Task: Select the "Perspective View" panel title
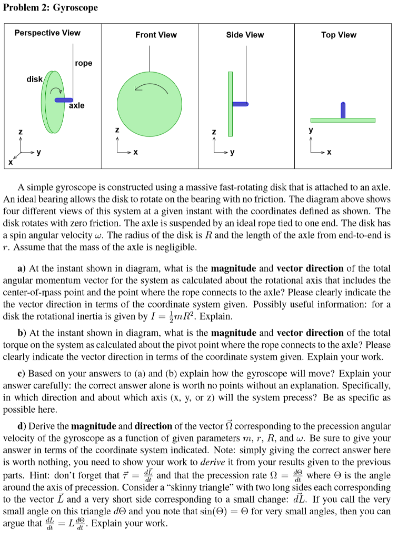tap(47, 33)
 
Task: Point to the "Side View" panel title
tap(245, 35)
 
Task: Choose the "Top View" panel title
tap(339, 35)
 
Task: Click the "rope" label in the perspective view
tap(83, 63)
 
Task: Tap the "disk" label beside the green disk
tap(35, 79)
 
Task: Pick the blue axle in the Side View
tap(240, 104)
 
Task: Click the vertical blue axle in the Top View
tap(343, 110)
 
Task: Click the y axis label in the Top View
tap(311, 129)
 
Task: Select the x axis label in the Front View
tap(136, 152)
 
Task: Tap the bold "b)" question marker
tap(22, 333)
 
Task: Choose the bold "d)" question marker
tap(22, 426)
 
